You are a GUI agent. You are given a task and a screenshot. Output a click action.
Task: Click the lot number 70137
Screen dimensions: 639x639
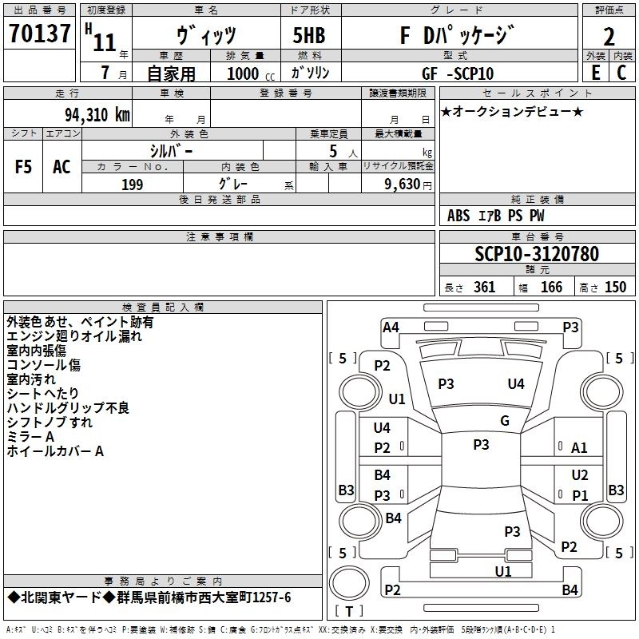40,34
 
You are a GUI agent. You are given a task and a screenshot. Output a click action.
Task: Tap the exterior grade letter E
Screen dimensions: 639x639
595,73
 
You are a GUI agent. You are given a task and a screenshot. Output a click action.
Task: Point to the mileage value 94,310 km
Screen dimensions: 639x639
97,114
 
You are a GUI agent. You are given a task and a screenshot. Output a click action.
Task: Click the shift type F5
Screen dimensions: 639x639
24,167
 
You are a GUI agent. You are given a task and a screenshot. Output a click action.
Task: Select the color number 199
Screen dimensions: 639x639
132,185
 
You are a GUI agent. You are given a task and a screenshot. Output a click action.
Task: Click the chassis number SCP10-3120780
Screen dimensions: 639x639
536,254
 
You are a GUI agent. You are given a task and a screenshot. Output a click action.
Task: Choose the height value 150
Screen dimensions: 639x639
615,288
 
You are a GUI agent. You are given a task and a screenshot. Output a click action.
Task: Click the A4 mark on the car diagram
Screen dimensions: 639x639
391,327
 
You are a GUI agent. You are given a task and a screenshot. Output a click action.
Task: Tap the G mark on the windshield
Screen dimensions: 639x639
505,421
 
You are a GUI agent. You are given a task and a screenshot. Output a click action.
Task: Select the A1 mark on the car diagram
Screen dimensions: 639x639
580,448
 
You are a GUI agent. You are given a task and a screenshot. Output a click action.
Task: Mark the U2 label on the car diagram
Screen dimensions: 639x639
580,475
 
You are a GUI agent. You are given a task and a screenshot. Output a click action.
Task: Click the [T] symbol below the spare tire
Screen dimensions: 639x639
348,613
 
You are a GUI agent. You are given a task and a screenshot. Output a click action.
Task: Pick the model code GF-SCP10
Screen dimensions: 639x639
458,73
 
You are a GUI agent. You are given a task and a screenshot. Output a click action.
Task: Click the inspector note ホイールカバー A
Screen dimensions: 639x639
56,451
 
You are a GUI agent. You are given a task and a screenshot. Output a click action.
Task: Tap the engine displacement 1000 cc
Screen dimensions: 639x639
251,73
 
